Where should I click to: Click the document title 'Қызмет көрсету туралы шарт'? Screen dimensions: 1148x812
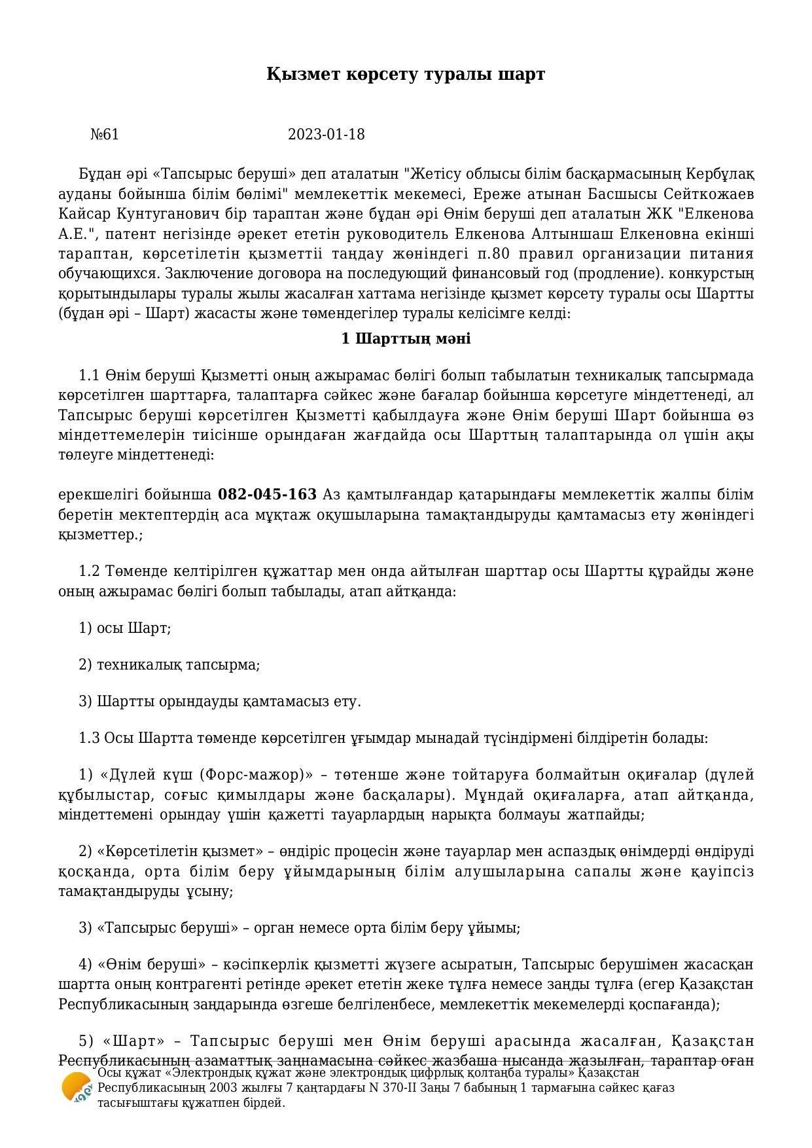pos(406,74)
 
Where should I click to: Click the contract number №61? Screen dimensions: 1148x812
pos(105,135)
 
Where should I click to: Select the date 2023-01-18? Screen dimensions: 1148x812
pos(326,135)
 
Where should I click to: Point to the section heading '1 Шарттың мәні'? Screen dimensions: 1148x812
pos(406,339)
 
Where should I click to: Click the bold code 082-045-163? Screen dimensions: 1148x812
pos(267,494)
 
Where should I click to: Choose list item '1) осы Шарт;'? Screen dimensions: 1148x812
pos(124,628)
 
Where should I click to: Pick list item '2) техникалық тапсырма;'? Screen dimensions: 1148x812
pos(169,665)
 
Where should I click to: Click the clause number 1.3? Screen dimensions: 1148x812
pos(89,738)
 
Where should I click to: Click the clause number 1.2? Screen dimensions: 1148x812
pos(89,571)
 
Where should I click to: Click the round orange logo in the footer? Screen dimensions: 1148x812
pos(76,1087)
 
